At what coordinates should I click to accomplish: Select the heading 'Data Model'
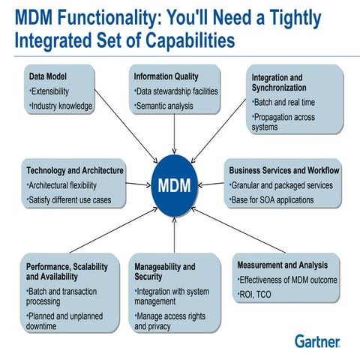pyautogui.click(x=47, y=76)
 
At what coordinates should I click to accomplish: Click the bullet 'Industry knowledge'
pyautogui.click(x=61, y=106)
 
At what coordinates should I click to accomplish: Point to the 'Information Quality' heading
pyautogui.click(x=166, y=76)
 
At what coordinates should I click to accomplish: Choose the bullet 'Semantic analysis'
pyautogui.click(x=164, y=106)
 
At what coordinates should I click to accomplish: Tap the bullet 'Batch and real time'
pyautogui.click(x=285, y=103)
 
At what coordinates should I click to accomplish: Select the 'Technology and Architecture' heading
pyautogui.click(x=75, y=170)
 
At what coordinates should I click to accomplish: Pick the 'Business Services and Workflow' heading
pyautogui.click(x=284, y=170)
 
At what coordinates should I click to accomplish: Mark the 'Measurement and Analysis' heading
pyautogui.click(x=283, y=265)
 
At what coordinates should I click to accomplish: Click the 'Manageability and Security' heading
pyautogui.click(x=165, y=271)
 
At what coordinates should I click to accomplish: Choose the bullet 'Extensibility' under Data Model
pyautogui.click(x=52, y=91)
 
